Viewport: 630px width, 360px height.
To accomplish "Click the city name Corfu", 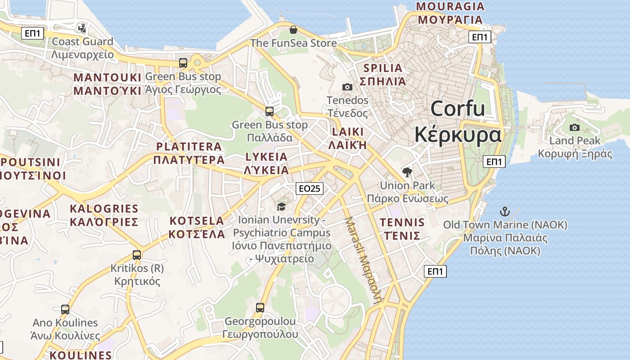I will (458, 109).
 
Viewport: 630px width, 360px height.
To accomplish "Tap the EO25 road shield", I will (310, 188).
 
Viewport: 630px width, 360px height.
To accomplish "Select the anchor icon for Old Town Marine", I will (505, 211).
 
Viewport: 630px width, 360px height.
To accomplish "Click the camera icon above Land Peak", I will (575, 127).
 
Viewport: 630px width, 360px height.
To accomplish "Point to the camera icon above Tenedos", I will (347, 87).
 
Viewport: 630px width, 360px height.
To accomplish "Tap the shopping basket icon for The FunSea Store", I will (293, 30).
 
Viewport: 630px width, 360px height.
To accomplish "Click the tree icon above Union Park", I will (407, 172).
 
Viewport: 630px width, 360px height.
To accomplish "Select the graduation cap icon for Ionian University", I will (282, 207).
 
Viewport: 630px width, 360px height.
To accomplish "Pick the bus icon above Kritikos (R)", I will (137, 255).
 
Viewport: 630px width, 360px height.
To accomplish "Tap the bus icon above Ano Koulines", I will (65, 309).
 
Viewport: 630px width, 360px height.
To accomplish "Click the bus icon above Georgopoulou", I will (260, 308).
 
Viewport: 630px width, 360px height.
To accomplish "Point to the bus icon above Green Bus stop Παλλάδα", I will (270, 111).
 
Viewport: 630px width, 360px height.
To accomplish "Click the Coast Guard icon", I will (82, 28).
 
